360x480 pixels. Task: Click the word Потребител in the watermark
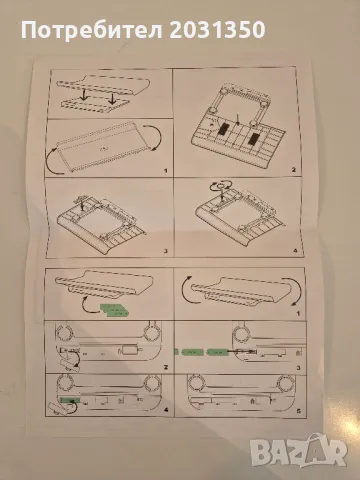tap(92, 30)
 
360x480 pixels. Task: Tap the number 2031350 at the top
tap(217, 29)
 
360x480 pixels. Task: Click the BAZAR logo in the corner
tap(299, 451)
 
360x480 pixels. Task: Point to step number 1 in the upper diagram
tap(166, 171)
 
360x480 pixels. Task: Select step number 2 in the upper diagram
tap(293, 170)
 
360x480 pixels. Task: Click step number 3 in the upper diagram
tap(166, 251)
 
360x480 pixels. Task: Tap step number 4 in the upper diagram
tap(295, 250)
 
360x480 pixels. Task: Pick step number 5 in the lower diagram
tap(298, 411)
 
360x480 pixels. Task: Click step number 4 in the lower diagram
tap(166, 410)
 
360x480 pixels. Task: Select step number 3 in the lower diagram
tap(298, 368)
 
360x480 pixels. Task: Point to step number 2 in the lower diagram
tap(166, 367)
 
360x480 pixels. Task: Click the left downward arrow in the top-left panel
tap(85, 95)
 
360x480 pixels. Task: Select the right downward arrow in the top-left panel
tap(113, 97)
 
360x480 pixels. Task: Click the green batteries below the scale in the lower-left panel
tap(114, 310)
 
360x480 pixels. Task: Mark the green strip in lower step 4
tap(70, 399)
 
